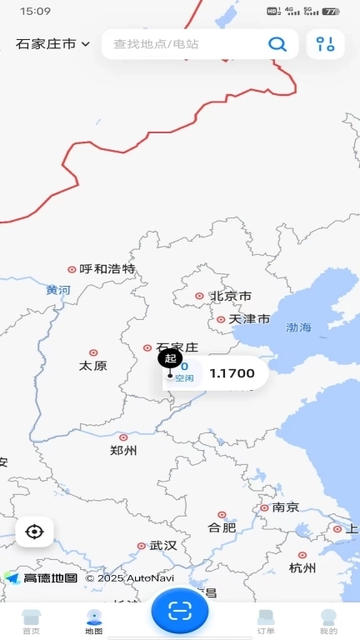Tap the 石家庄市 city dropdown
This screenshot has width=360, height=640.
pos(52,44)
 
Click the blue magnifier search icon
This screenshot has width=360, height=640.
pos(277,44)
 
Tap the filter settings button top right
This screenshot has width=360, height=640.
pos(325,44)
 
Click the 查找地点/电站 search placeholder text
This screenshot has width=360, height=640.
pos(156,44)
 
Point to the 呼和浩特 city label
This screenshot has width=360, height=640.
pos(107,269)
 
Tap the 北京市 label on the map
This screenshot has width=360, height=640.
pos(230,296)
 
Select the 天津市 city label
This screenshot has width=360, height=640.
pos(249,319)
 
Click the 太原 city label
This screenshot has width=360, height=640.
pos(92,366)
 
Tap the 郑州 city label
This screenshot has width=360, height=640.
pos(122,451)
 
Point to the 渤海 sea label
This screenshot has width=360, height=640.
pos(297,327)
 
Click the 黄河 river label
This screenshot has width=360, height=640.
pos(58,290)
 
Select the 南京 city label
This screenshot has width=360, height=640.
pos(286,507)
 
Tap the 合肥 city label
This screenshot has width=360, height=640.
pos(222,527)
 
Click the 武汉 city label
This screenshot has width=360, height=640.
pos(163,546)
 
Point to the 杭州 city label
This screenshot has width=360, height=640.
pos(302,568)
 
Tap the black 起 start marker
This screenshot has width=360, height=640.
pos(170,358)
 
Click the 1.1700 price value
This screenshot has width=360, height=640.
pos(232,373)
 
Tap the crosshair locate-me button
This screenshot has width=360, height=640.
pos(34,532)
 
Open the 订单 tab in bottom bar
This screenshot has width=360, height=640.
pos(266,622)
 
